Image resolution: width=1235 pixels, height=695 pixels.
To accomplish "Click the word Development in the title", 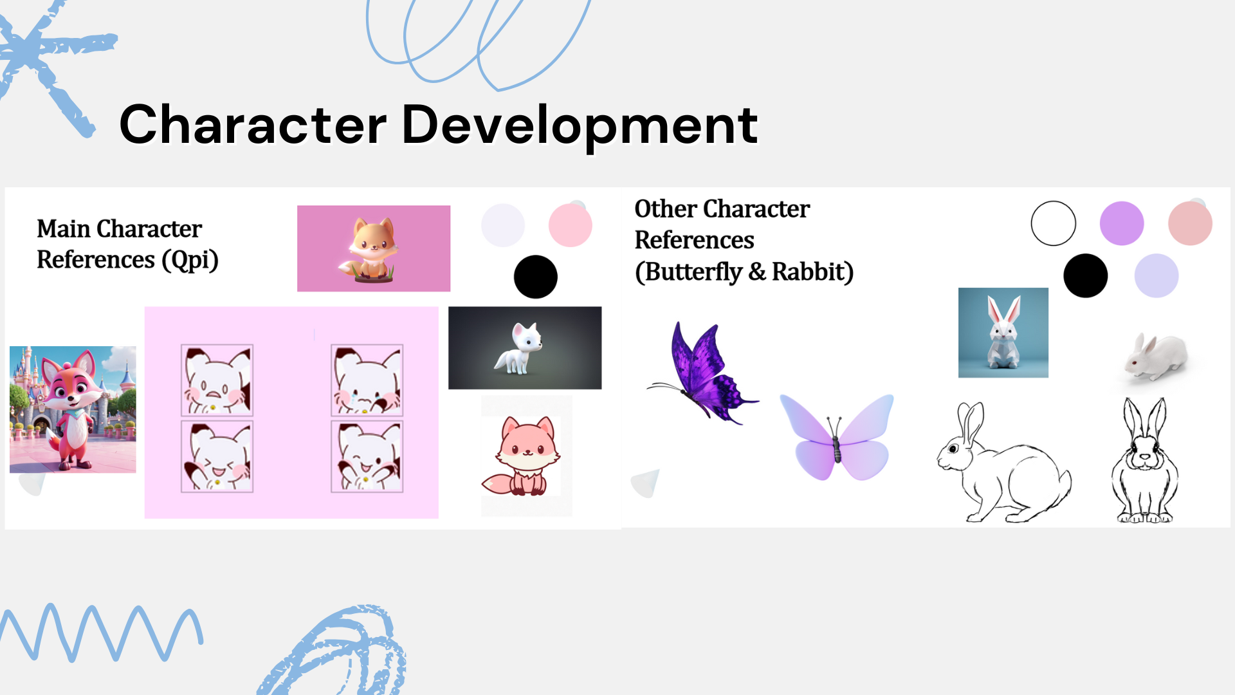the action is click(x=580, y=125).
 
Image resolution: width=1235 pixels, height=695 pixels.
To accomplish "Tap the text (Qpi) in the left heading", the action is click(x=190, y=261).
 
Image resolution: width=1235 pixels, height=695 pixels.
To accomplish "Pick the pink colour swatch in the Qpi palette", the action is click(x=570, y=225).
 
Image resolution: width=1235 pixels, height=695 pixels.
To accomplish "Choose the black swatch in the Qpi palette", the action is click(x=535, y=277).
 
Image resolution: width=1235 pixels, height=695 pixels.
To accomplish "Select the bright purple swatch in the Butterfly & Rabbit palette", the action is click(x=1122, y=223).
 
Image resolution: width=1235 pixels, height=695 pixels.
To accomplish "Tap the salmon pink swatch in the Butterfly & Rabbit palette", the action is click(x=1190, y=223).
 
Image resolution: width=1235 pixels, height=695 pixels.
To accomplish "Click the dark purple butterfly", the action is click(x=704, y=373).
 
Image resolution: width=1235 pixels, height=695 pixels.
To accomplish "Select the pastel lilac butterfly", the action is click(x=837, y=437).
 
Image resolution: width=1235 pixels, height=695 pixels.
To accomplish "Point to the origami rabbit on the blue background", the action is click(x=1003, y=333).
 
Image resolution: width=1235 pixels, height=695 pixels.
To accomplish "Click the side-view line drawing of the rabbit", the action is click(x=1003, y=462).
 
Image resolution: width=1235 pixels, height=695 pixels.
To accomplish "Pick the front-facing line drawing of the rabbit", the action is click(x=1145, y=460).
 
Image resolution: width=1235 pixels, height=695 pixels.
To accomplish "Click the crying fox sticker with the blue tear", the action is click(x=367, y=380).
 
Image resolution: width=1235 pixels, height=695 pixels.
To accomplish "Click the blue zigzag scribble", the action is click(x=102, y=632).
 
